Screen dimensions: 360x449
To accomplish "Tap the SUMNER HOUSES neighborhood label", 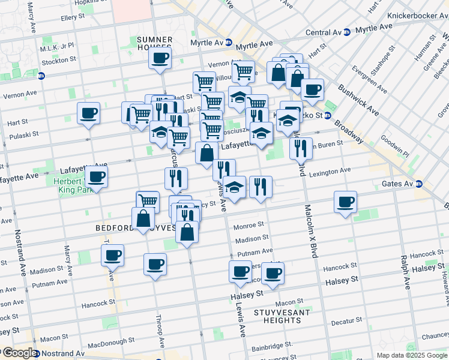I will coord(155,43).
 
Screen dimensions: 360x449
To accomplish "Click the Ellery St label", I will coord(72,18).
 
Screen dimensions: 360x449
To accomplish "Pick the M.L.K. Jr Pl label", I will coord(57,46).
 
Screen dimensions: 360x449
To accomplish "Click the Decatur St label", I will coord(344,322).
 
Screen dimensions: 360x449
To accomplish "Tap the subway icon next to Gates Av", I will coord(419,184).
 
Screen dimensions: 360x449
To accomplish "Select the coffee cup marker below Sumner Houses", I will coord(160,59).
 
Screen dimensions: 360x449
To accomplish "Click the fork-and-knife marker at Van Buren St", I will coord(301,148).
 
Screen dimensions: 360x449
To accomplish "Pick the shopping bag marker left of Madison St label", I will coord(187,232).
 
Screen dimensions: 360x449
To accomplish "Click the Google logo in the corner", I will coord(19,353).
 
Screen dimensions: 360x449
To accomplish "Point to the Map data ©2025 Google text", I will coord(411,355).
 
